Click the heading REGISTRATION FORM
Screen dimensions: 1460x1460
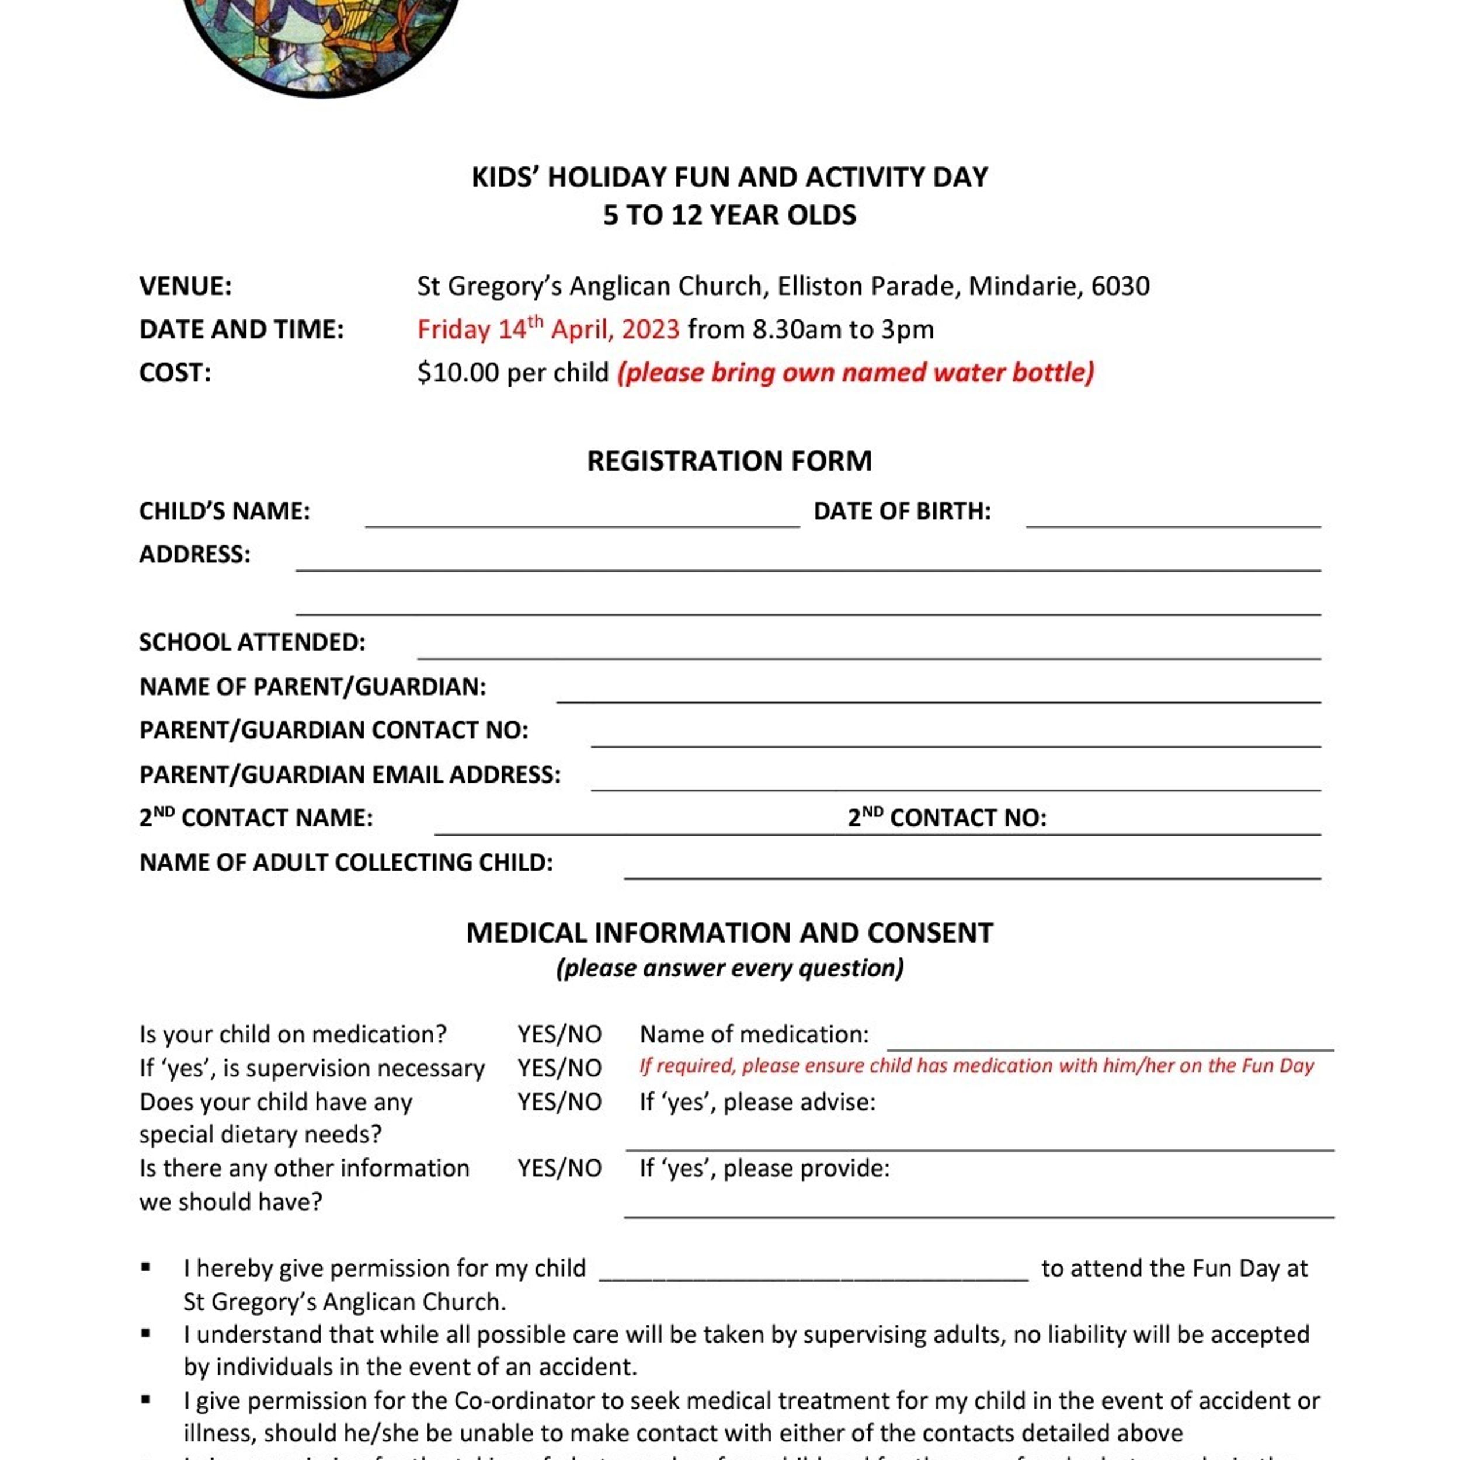pyautogui.click(x=729, y=461)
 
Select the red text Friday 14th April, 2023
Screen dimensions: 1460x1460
pyautogui.click(x=548, y=329)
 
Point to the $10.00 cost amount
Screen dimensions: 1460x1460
pyautogui.click(x=458, y=373)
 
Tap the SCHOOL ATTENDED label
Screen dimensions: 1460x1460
pyautogui.click(x=252, y=642)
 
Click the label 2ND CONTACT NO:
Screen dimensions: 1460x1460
pyautogui.click(x=947, y=818)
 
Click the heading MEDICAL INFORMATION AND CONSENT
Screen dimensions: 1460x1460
pyautogui.click(x=729, y=933)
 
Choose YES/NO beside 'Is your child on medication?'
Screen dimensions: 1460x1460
pyautogui.click(x=559, y=1034)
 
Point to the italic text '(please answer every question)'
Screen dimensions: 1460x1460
pyautogui.click(x=729, y=968)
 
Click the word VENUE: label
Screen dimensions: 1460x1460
pyautogui.click(x=185, y=286)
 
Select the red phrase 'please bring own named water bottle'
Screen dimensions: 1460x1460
pyautogui.click(x=856, y=373)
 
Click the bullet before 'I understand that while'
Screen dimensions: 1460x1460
pyautogui.click(x=146, y=1334)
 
